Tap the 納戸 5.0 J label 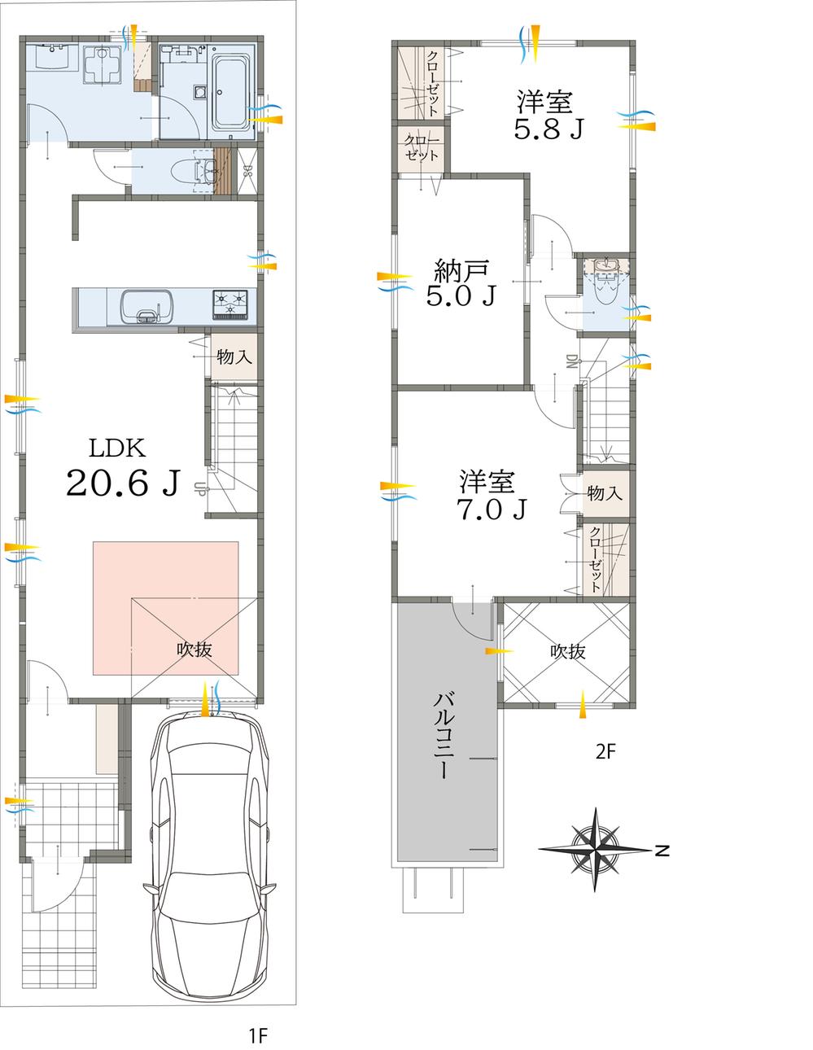coord(461,282)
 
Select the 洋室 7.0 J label coord(491,494)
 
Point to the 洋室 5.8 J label coord(548,115)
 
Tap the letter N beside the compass coord(662,851)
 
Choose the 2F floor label coord(605,751)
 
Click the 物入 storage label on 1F coord(234,357)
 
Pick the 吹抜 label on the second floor coord(567,652)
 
